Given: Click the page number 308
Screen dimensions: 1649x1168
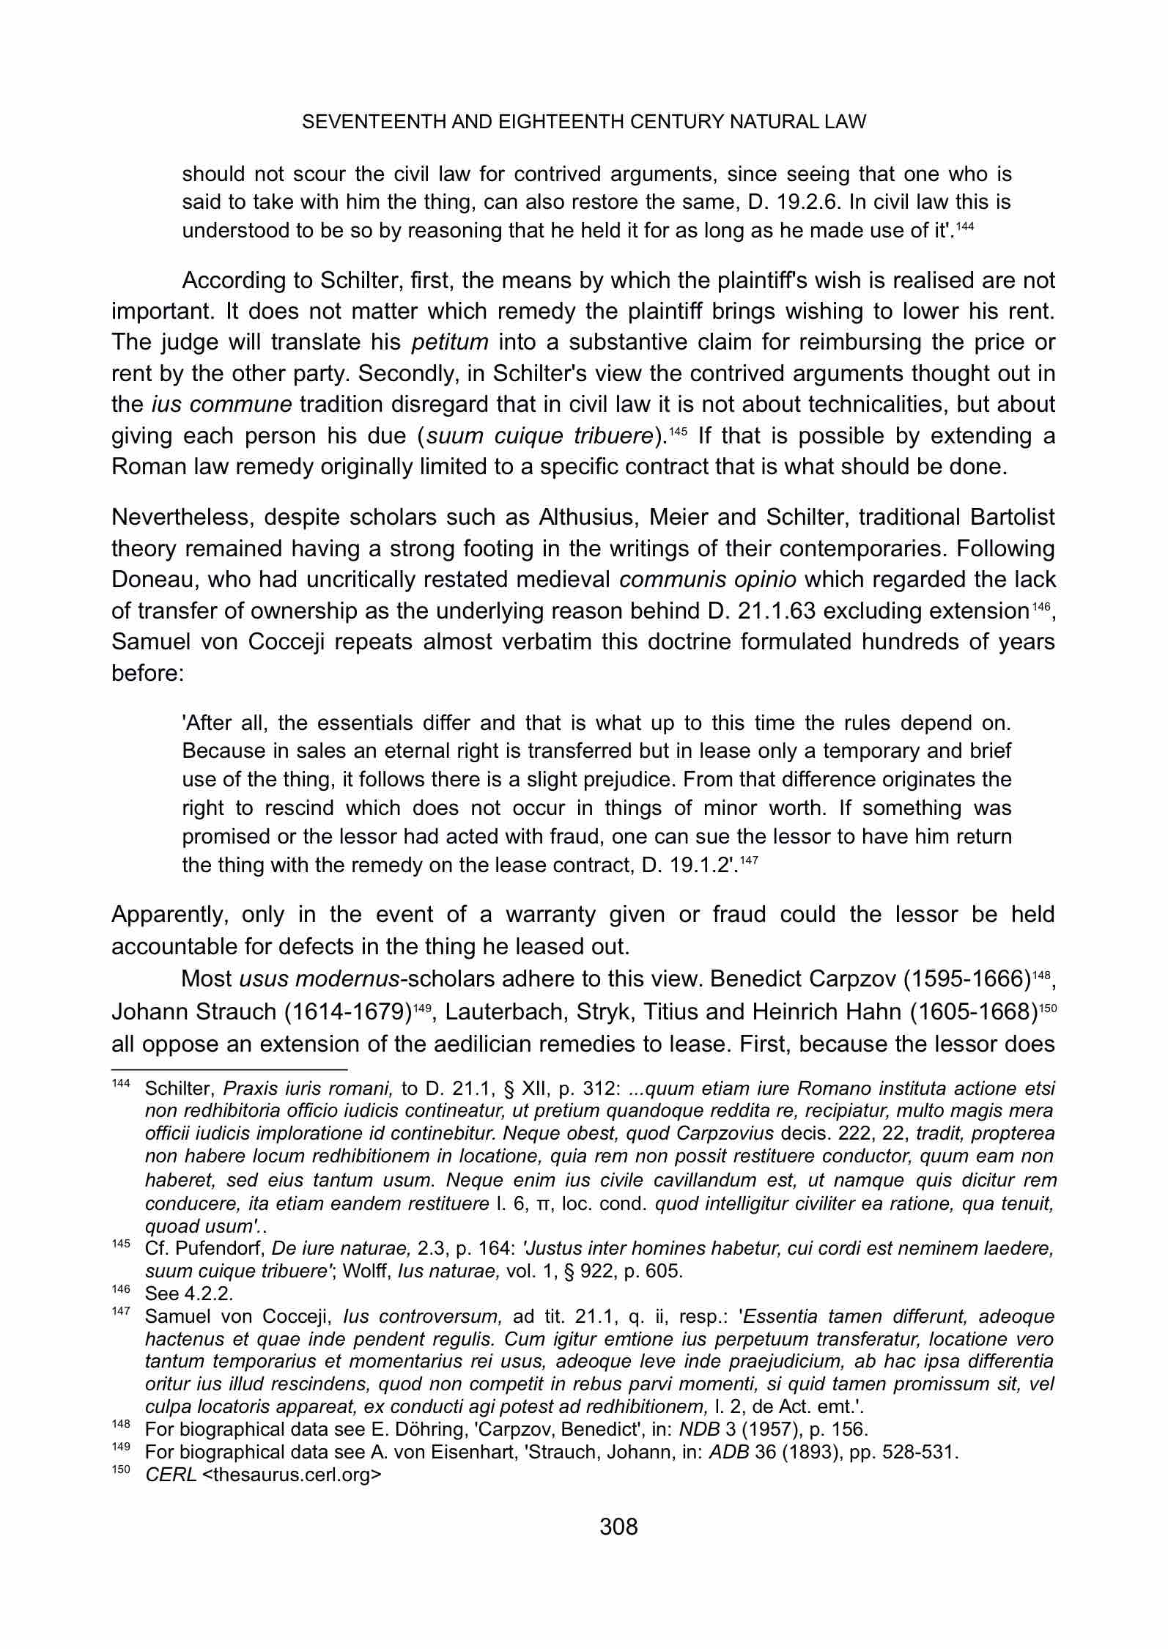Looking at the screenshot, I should (x=618, y=1527).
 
